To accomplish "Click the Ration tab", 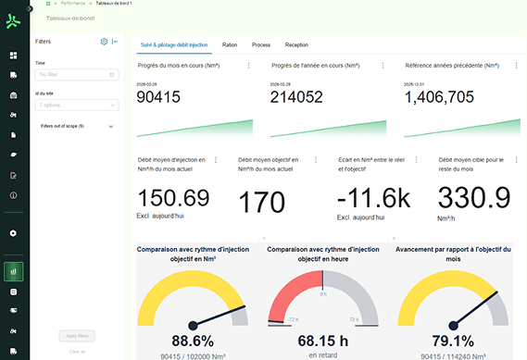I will click(x=230, y=44).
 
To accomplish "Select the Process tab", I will click(x=261, y=44).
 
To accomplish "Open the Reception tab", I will click(x=296, y=44).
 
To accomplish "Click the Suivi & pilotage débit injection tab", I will click(x=173, y=44).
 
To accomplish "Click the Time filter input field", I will click(x=76, y=74).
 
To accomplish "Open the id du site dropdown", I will click(x=76, y=105).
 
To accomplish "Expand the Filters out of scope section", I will click(x=76, y=126).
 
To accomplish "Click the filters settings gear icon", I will click(x=104, y=42).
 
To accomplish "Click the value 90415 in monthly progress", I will click(x=160, y=96).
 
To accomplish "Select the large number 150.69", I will click(x=173, y=198).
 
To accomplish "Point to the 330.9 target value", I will click(x=473, y=198).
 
